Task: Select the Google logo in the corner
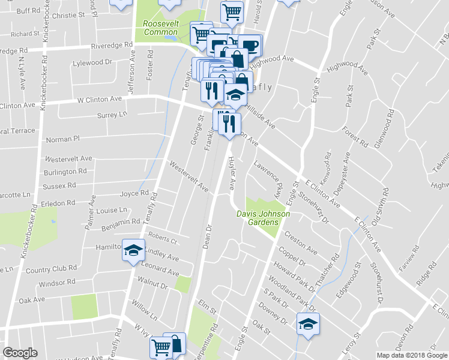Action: pos(20,353)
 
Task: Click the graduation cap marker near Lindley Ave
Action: pos(133,250)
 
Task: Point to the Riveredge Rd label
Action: pos(112,45)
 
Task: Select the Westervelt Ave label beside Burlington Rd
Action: pos(69,159)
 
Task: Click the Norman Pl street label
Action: pos(62,139)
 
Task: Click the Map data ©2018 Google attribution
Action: pos(411,355)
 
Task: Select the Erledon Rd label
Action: pos(59,203)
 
